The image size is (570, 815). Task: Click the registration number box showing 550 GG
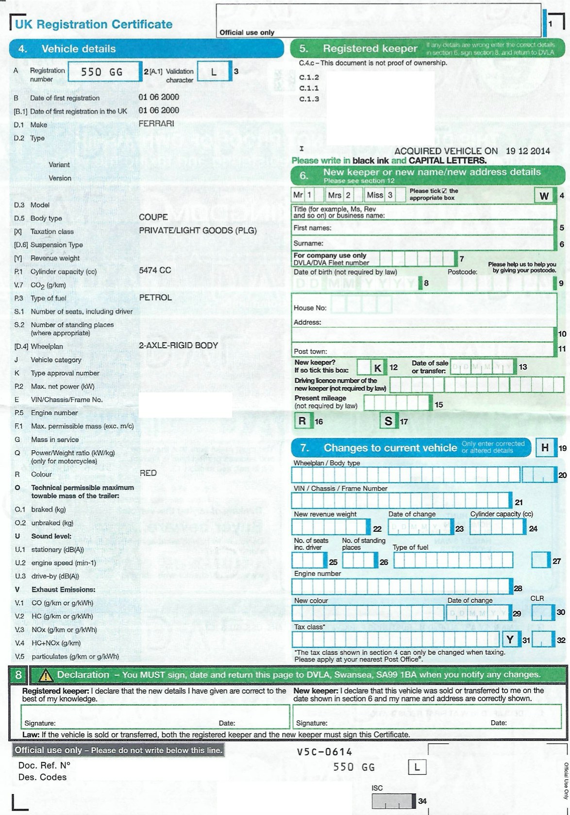pos(102,72)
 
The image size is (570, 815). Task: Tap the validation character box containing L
pos(213,72)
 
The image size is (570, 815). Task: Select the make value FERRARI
pos(156,124)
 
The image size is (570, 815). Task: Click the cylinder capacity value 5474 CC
pos(155,270)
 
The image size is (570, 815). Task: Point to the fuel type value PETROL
pos(155,297)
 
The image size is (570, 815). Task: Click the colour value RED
pos(148,473)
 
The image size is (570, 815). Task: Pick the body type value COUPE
pos(153,217)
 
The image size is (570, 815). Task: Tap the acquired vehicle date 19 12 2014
pos(528,151)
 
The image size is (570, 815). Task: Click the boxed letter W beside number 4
pos(544,196)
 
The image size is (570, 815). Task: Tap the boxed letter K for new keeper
pos(377,368)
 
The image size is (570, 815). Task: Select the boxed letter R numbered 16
pos(302,421)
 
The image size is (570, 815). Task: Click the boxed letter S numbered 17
pos(388,421)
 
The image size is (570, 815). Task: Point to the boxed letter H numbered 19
pos(545,448)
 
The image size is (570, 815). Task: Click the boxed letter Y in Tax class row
pos(510,640)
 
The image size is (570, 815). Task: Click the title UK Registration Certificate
pos(94,24)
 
